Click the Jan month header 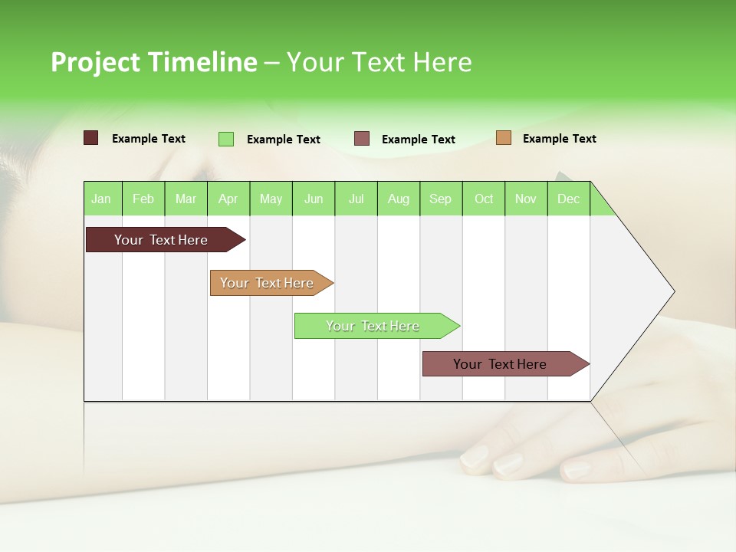point(102,199)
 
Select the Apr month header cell point(228,199)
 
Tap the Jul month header point(356,199)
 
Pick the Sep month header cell point(441,199)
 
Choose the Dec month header point(568,199)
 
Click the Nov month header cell point(526,199)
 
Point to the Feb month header point(143,199)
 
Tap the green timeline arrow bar point(373,326)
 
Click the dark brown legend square point(91,138)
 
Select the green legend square point(226,139)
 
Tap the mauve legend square point(362,139)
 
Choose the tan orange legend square point(504,138)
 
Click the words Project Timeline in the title point(154,62)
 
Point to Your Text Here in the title point(379,62)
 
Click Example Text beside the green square point(284,140)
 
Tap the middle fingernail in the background point(508,464)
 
